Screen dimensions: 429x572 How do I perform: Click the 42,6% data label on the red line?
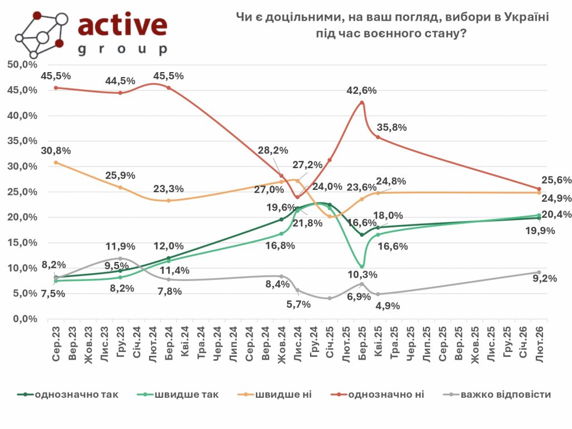pos(362,90)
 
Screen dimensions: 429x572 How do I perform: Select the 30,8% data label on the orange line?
pos(56,150)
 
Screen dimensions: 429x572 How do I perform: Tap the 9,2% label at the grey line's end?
pos(544,278)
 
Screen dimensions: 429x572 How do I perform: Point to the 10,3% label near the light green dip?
pos(363,275)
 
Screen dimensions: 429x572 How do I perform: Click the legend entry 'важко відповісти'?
pos(506,394)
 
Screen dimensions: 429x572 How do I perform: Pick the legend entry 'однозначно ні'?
pos(385,394)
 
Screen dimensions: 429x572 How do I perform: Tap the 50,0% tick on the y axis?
pos(22,65)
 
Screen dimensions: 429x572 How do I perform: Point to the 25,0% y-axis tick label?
pos(22,192)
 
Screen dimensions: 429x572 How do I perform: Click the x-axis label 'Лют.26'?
pos(540,342)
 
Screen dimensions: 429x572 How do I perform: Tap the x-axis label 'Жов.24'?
pos(282,342)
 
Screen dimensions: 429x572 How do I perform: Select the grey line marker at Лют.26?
pos(539,272)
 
